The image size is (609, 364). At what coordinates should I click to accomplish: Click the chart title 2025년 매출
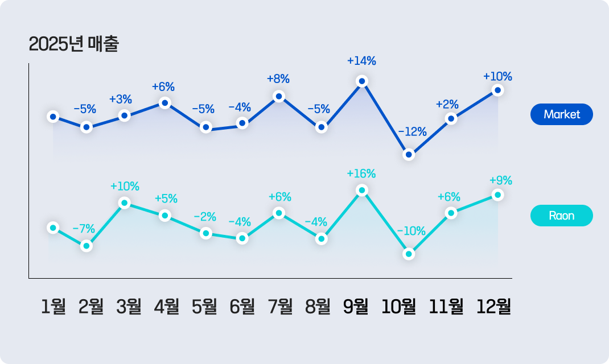[x=73, y=44]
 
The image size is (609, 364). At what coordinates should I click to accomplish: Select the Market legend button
[x=561, y=114]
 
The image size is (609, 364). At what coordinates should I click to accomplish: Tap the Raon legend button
[x=561, y=216]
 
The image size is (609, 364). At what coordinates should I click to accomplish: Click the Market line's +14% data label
[x=361, y=61]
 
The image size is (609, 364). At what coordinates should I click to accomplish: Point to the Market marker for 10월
[x=409, y=154]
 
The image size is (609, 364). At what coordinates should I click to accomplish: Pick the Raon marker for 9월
[x=361, y=190]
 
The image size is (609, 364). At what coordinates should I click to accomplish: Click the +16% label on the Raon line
[x=361, y=173]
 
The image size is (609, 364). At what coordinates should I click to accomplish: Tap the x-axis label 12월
[x=494, y=307]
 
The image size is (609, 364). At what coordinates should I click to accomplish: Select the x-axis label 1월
[x=54, y=307]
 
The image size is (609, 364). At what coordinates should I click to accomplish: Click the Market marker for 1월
[x=53, y=117]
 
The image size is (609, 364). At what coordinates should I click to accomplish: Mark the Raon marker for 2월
[x=87, y=246]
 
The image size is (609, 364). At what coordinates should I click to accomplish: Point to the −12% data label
[x=412, y=132]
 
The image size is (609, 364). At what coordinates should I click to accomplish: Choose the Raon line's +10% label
[x=125, y=186]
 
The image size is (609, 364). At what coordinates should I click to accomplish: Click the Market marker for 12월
[x=497, y=90]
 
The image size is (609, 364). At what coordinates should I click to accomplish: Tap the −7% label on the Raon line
[x=84, y=229]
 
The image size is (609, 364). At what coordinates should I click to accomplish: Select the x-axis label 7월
[x=280, y=307]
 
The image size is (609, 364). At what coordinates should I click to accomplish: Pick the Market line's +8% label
[x=278, y=79]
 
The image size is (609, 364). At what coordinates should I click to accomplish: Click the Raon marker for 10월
[x=409, y=254]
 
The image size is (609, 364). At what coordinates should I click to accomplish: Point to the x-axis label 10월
[x=398, y=307]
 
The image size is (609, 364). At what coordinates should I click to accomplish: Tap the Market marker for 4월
[x=164, y=103]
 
